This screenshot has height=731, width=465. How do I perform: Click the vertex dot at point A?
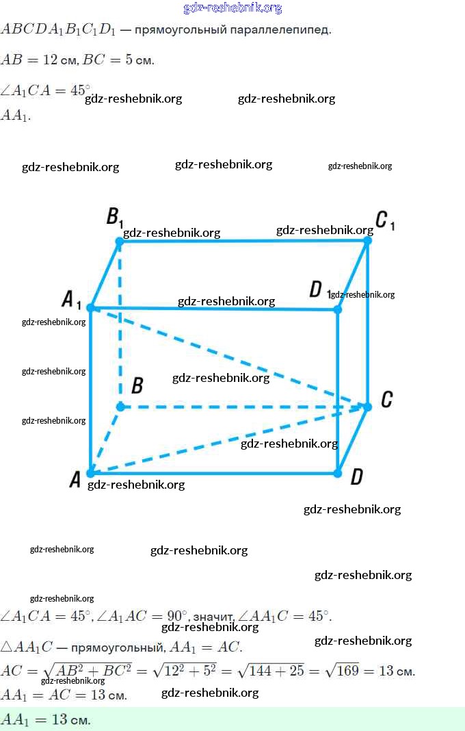pos(90,472)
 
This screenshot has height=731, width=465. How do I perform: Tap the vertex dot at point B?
pos(120,407)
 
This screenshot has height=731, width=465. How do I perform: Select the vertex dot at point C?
pos(367,407)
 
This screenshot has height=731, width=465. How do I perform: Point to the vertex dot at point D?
pos(337,472)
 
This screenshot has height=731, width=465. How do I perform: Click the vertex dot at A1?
pos(90,308)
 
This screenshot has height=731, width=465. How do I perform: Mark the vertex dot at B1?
pos(120,241)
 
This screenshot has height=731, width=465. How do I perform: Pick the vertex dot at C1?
pos(367,240)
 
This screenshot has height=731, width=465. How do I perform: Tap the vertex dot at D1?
pos(337,309)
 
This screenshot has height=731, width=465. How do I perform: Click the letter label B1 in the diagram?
pos(114,218)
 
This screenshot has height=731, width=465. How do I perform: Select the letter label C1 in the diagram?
pos(385,221)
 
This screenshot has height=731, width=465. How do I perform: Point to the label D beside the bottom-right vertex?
pos(356,476)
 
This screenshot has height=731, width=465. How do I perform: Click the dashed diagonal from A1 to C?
pos(226,356)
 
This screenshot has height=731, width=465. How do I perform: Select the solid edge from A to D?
pos(212,472)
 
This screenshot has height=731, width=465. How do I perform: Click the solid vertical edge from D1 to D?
pos(337,390)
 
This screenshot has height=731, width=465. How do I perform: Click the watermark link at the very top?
pos(232,8)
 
